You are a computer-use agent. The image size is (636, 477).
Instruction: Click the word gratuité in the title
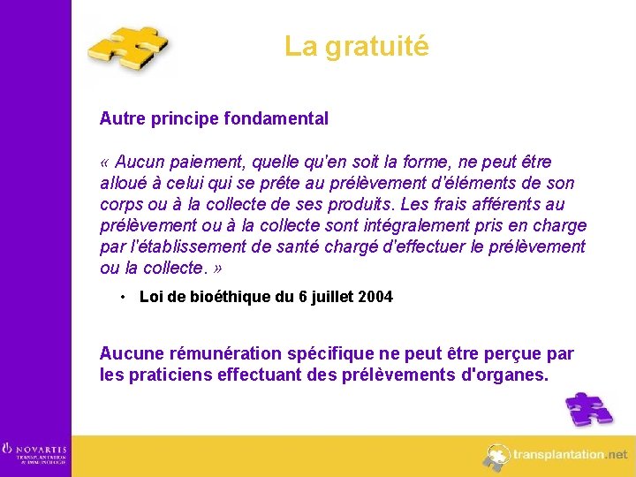coord(376,46)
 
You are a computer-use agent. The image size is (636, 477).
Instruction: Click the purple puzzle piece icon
coord(589,409)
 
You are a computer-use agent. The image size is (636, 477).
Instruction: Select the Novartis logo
coord(34,453)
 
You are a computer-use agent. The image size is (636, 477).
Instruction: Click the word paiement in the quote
coord(200,163)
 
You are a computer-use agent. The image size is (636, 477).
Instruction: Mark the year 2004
coord(376,297)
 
